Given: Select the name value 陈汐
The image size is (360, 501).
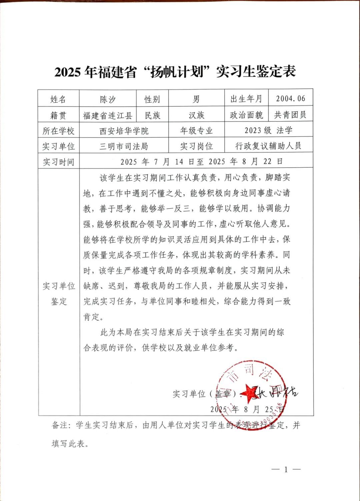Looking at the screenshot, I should [108, 99].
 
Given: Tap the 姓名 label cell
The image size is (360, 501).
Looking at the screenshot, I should [58, 99].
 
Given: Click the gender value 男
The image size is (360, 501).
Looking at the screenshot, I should [196, 99].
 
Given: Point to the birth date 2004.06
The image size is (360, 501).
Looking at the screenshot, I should [290, 99].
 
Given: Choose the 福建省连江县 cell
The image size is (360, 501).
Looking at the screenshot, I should [108, 115].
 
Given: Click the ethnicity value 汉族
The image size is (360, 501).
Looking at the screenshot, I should [196, 115].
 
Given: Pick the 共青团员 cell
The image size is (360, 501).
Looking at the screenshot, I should [290, 115].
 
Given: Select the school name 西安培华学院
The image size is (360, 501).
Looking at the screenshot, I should [124, 131].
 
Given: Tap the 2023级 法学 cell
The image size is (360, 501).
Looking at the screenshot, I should [268, 130].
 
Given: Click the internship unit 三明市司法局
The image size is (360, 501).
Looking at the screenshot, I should [124, 146].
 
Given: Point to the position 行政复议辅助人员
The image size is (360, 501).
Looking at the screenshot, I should [268, 146].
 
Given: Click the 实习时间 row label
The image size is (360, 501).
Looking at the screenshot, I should [58, 162].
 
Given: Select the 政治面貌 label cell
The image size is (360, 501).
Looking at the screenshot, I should [246, 115].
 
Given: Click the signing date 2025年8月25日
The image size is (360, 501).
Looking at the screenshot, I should [247, 409].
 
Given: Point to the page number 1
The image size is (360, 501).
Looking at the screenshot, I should [286, 470].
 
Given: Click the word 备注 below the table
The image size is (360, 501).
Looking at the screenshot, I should [60, 425].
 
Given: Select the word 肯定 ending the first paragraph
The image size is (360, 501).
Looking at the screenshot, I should [92, 317].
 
